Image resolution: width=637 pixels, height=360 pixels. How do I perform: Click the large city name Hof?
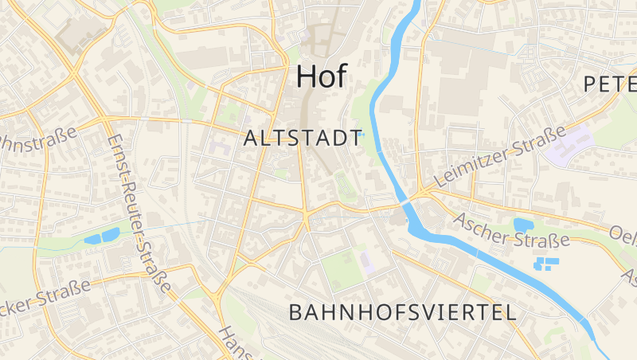point(322,76)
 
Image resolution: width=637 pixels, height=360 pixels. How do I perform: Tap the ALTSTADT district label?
point(303,138)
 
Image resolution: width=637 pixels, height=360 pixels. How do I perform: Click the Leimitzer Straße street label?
point(500,157)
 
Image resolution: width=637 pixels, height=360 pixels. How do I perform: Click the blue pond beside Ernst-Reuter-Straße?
point(102,237)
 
